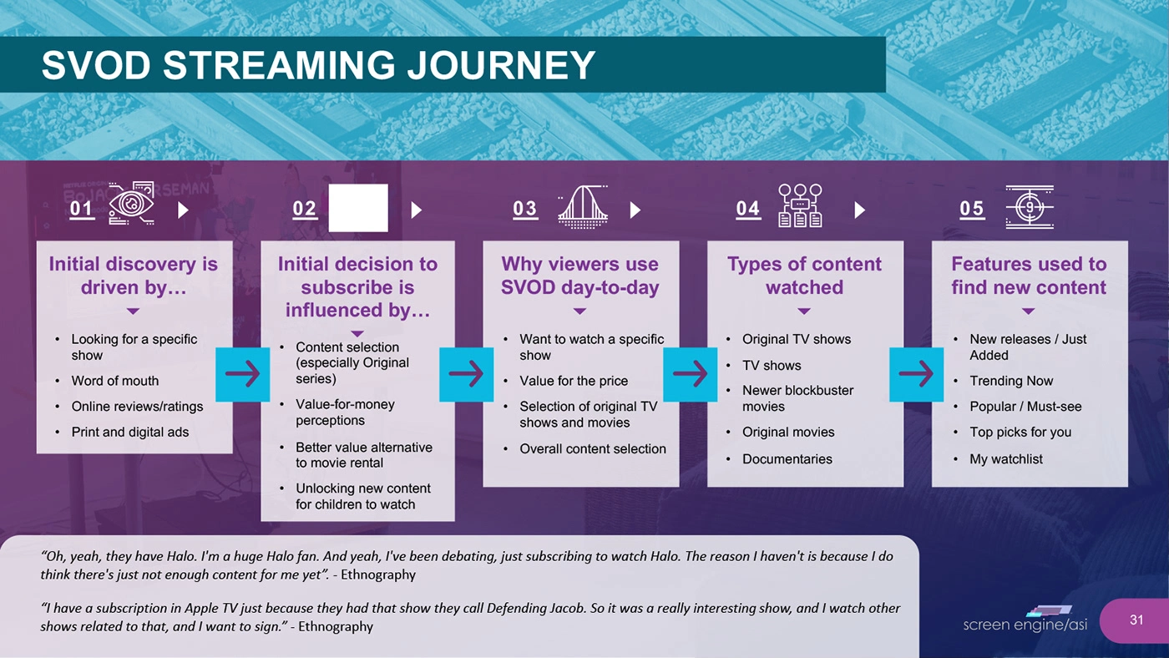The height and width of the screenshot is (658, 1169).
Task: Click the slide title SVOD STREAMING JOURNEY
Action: pos(318,65)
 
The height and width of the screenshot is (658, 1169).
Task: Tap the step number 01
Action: pos(82,209)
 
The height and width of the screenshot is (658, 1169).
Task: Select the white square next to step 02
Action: pos(358,208)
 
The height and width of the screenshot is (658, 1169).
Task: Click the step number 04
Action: pos(748,209)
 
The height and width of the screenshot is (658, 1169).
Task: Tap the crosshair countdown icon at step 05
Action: pos(1030,205)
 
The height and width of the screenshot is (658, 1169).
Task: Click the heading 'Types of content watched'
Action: pos(804,276)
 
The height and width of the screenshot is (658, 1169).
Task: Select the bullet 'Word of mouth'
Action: pos(114,381)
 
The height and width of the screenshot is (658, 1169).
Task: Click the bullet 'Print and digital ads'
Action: pos(129,432)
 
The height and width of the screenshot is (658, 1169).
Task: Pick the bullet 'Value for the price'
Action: pos(573,381)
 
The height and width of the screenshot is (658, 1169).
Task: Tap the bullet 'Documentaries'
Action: pos(787,458)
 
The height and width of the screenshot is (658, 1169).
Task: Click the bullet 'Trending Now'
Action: pos(1011,381)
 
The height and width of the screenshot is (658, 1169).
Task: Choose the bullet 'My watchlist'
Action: pos(1005,458)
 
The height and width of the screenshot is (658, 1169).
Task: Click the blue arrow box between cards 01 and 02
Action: pos(242,374)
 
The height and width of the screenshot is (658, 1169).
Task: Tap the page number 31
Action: pos(1136,620)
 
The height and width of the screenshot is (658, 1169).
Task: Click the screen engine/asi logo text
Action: pos(1025,625)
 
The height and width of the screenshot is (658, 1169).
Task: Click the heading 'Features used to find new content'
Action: pos(1029,276)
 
